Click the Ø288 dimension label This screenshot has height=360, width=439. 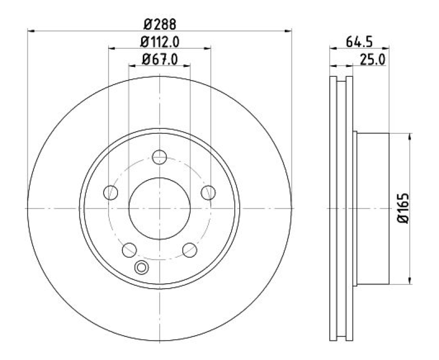point(160,24)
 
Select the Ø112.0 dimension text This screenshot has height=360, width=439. point(160,42)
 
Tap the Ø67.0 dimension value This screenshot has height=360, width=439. point(160,59)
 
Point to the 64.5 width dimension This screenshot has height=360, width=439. point(359,42)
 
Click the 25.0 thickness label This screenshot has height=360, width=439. point(373,59)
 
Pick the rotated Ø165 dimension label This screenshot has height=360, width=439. point(403,208)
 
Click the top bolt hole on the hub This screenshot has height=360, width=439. point(160,157)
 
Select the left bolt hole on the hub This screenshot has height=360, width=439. point(111,193)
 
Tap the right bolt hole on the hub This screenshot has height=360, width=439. point(209,193)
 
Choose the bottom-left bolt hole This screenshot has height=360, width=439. point(130,250)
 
